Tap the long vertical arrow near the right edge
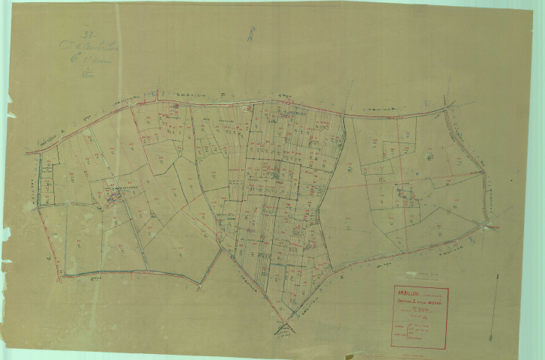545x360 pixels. point(496,307)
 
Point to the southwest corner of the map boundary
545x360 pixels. point(61,274)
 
